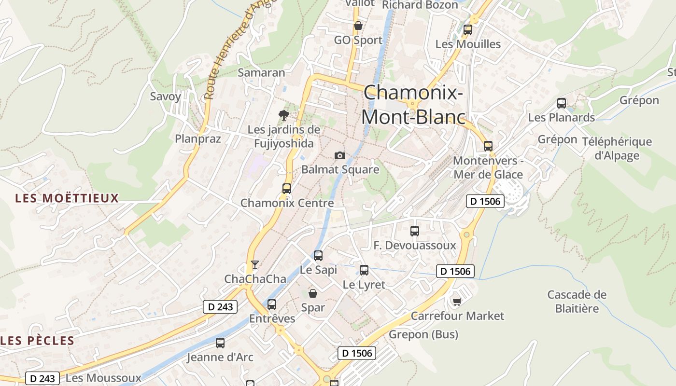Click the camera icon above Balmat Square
point(340,155)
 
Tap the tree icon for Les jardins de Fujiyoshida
point(284,115)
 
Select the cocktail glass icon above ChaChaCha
point(255,264)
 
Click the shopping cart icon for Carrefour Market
point(457,302)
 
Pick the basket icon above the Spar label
point(313,293)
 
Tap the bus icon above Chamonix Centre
point(287,189)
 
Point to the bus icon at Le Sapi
point(318,256)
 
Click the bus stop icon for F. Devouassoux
point(414,231)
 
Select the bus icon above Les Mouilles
point(467,30)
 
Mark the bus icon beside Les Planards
point(561,103)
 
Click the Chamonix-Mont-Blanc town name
point(413,104)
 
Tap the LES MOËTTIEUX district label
point(67,198)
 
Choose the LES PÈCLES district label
point(38,341)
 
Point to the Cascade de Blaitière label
point(577,301)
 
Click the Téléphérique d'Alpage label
point(617,149)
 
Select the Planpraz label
point(198,139)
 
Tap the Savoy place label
point(165,96)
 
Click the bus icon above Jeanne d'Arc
point(220,343)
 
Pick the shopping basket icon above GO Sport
point(358,26)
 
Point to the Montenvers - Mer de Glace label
point(488,167)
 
